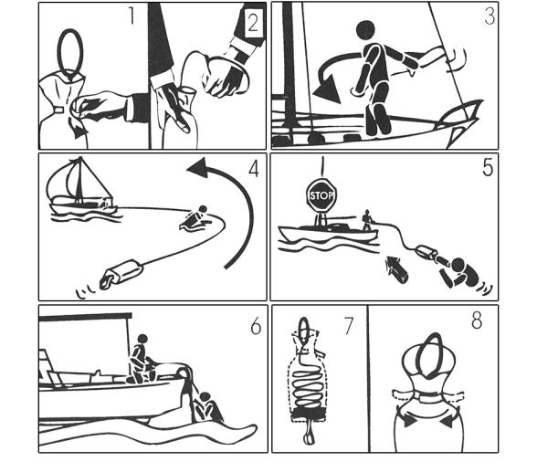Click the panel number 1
(132, 16)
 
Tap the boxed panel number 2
(253, 23)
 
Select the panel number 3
(490, 16)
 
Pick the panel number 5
(488, 167)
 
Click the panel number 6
(256, 326)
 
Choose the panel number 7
(348, 326)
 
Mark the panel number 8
(477, 320)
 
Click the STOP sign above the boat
(321, 195)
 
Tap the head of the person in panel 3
(366, 31)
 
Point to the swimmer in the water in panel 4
(195, 218)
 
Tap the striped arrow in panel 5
(396, 267)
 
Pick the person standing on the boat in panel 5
(367, 220)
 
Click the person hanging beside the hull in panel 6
(207, 406)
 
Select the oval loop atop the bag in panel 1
(70, 51)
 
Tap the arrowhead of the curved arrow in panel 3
(327, 89)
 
